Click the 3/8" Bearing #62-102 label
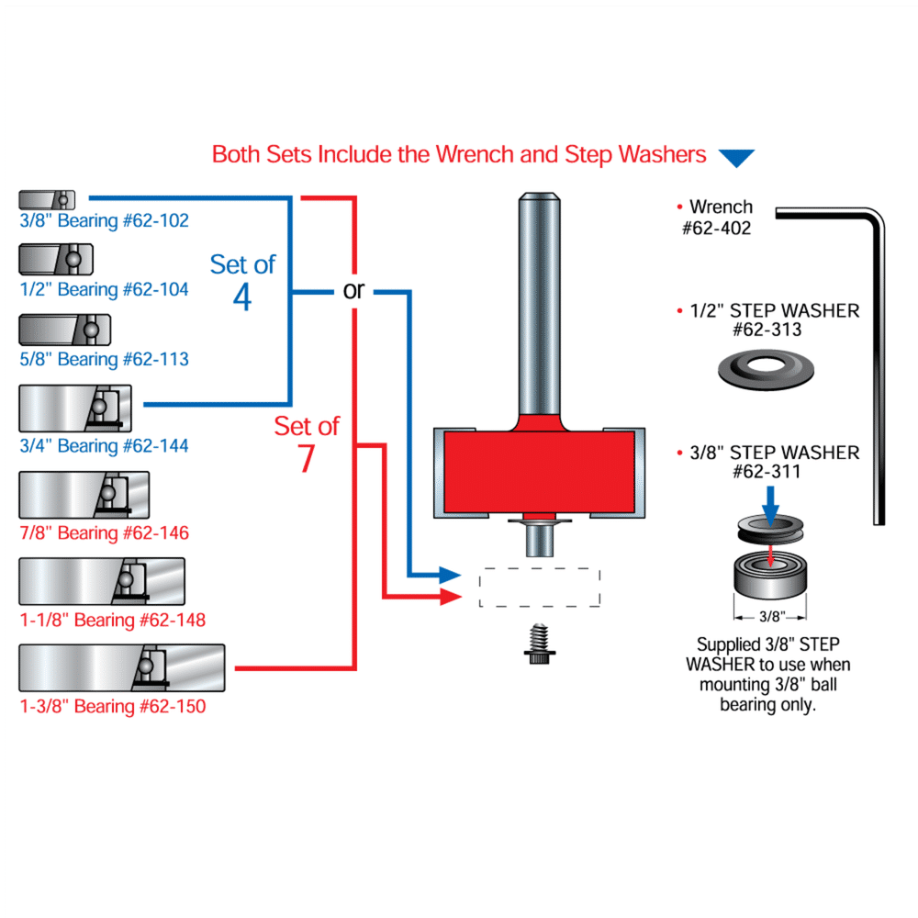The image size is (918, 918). pos(105,220)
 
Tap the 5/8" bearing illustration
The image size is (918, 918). pos(64,329)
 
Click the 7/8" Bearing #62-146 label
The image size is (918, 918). pos(105,532)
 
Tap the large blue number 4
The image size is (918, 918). pos(242,297)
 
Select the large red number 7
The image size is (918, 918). pos(307,459)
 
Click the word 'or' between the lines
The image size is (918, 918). pos(353,291)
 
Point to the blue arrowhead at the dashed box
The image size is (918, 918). pos(450,576)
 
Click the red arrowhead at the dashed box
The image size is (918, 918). pos(450,598)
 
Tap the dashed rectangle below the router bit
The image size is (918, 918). pos(540,588)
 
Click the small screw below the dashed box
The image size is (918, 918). pos(540,647)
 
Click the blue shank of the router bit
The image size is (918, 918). pos(539,303)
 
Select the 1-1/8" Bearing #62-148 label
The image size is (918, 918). pos(113,621)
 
